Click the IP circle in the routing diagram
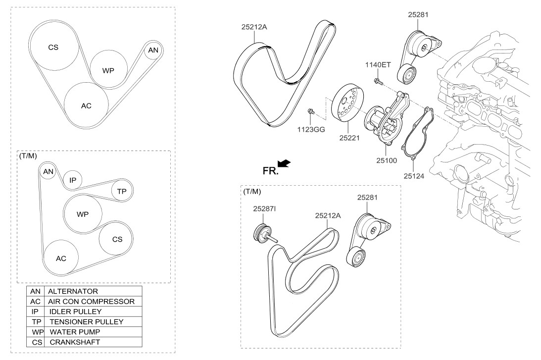coord(72,180)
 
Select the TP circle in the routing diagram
coord(122,191)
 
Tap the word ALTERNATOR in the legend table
coord(73,292)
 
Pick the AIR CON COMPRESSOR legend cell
coord(91,302)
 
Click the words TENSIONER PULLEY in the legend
coord(86,322)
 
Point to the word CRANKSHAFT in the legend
coord(74,342)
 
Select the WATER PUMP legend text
coord(75,332)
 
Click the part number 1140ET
coord(378,65)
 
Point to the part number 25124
coord(414,175)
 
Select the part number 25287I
coord(265,210)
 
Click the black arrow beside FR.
coord(285,163)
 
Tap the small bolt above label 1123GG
coord(311,112)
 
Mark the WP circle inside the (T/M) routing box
coord(83,214)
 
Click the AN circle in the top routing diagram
coord(153,50)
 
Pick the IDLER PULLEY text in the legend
coord(76,312)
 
